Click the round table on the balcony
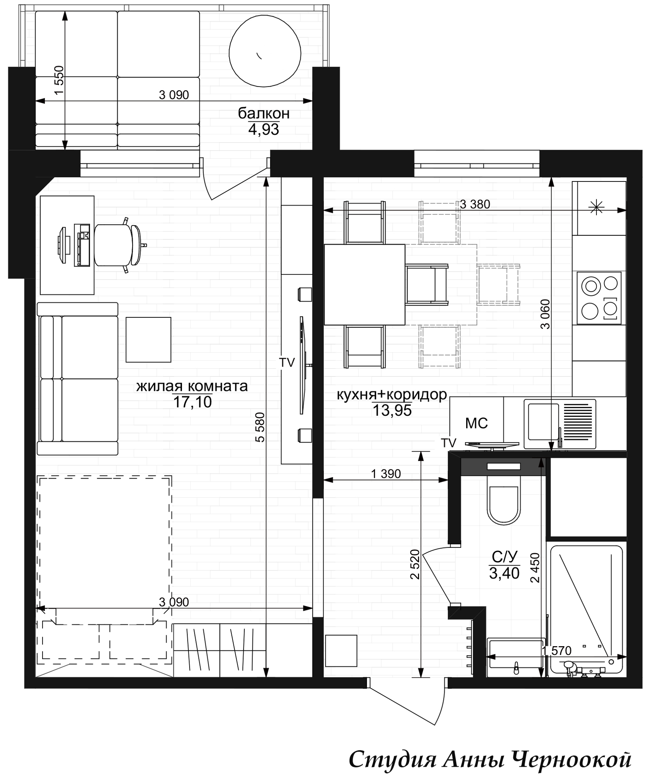click(x=265, y=53)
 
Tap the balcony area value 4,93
click(x=264, y=130)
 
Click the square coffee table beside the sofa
click(x=148, y=340)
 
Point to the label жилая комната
click(x=192, y=386)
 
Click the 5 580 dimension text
click(x=260, y=427)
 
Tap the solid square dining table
click(x=365, y=285)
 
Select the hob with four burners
click(x=599, y=298)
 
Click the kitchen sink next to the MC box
click(x=560, y=424)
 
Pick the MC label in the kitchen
click(x=476, y=423)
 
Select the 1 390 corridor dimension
click(x=386, y=474)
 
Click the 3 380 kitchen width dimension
click(x=475, y=204)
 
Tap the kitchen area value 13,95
click(x=392, y=411)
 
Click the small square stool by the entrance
click(x=341, y=651)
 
